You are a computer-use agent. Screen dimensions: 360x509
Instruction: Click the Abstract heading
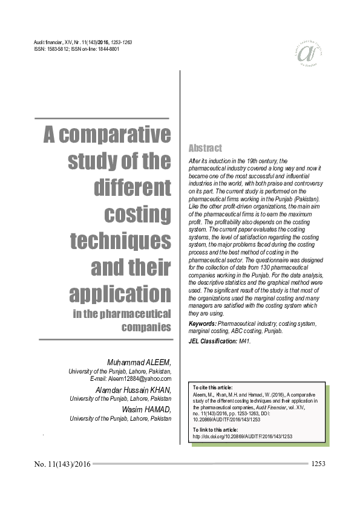click(x=205, y=148)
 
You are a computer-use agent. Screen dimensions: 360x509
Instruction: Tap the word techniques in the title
click(x=120, y=241)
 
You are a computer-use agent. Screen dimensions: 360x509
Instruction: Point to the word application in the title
click(x=120, y=294)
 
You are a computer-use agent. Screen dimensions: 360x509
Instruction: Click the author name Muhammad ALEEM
click(x=139, y=361)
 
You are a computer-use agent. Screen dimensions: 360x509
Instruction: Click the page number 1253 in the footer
click(x=319, y=464)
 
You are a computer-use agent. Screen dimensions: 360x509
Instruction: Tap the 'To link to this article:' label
click(x=215, y=429)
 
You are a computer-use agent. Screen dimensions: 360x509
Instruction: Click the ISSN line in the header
click(x=77, y=49)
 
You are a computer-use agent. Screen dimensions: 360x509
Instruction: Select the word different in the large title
click(x=133, y=187)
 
